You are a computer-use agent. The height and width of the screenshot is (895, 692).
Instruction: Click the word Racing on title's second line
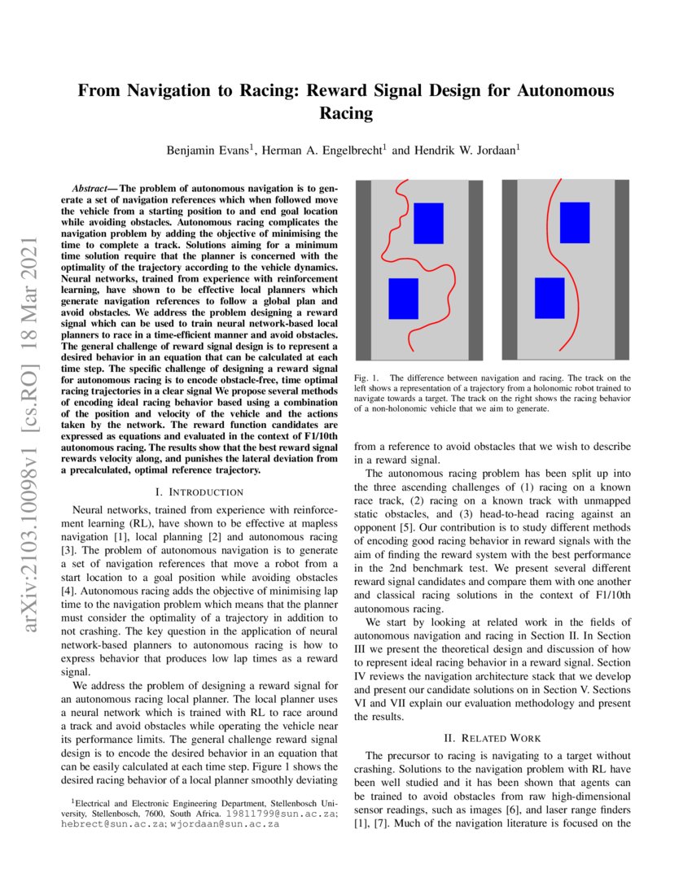click(346, 113)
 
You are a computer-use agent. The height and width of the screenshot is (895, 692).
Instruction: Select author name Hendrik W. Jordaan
click(455, 150)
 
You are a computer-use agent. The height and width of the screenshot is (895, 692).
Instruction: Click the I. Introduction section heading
click(199, 491)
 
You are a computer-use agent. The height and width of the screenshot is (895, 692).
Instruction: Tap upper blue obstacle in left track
click(428, 223)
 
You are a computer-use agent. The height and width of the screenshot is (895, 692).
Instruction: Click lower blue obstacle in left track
click(403, 299)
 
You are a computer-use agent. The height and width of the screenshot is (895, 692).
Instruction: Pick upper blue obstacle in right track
click(575, 222)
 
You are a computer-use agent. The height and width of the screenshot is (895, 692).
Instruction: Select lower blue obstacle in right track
click(550, 298)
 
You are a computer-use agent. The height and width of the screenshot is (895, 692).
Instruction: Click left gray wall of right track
click(510, 269)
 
